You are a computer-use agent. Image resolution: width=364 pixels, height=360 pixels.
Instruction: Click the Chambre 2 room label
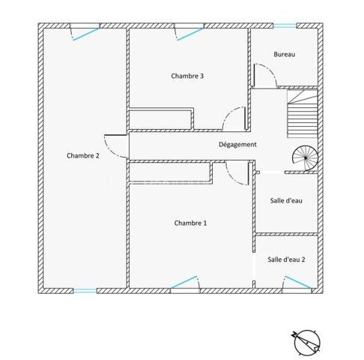[x=82, y=156]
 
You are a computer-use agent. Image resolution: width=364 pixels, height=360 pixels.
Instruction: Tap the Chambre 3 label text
[x=187, y=76]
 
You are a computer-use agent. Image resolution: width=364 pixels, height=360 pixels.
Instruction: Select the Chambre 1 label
[x=190, y=223]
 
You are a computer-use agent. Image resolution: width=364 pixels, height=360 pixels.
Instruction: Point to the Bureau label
[x=284, y=54]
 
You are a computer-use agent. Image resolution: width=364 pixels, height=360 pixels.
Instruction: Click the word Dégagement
[x=237, y=145]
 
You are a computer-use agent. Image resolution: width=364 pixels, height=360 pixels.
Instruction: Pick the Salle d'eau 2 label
[x=286, y=259]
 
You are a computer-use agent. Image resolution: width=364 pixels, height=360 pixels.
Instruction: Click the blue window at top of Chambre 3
[x=188, y=30]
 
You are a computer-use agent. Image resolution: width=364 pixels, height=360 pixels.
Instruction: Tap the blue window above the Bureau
[x=284, y=26]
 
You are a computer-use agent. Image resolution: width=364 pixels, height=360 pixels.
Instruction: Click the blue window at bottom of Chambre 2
[x=85, y=290]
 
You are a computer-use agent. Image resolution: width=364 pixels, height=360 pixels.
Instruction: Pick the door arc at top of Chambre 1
[x=237, y=173]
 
